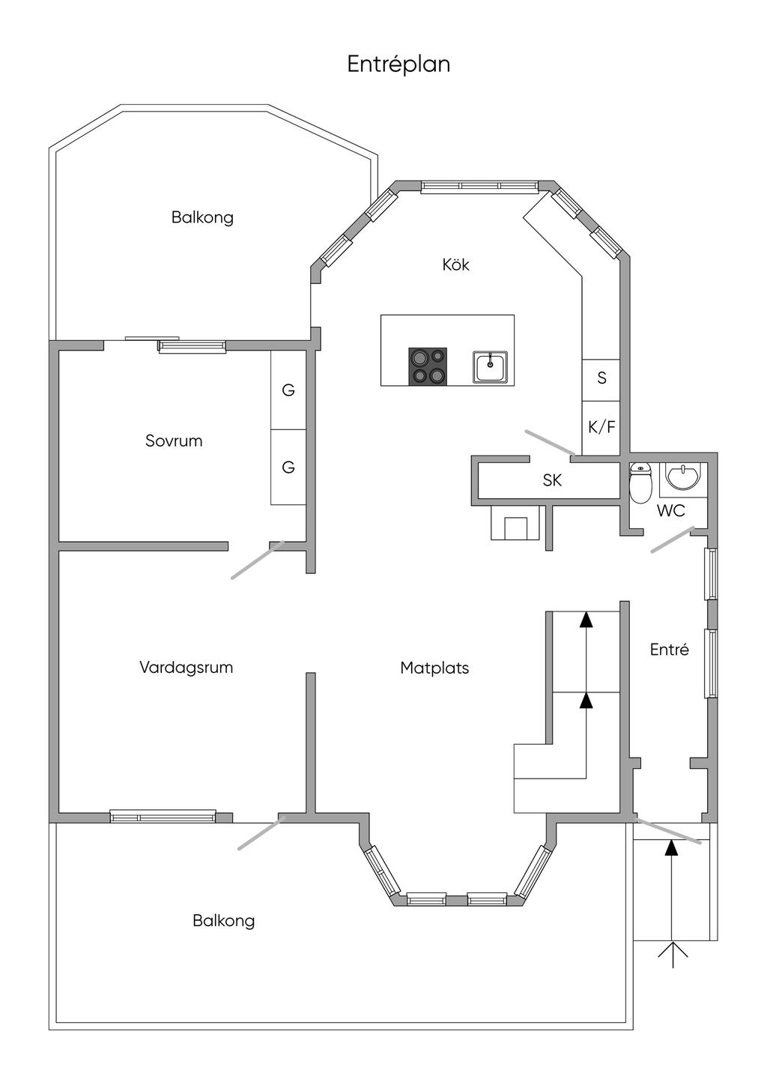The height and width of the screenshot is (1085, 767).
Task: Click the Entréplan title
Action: click(398, 64)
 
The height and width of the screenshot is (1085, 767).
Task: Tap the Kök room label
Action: click(455, 265)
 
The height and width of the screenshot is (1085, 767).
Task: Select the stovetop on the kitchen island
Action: click(428, 366)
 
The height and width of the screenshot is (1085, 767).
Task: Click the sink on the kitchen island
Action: click(490, 367)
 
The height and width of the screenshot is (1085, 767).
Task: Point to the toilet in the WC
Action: click(640, 484)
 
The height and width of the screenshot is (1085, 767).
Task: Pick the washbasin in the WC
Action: click(682, 477)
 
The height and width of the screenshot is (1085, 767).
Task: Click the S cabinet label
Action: click(601, 378)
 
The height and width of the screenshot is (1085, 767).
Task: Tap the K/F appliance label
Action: click(601, 427)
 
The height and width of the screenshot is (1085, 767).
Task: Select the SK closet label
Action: click(552, 480)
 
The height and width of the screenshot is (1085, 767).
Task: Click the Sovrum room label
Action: click(174, 441)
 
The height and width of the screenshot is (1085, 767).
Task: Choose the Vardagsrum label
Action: click(186, 667)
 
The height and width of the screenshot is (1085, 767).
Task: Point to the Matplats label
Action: click(434, 668)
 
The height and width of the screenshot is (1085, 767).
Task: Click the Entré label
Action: click(669, 650)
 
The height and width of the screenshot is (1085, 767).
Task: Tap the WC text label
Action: click(670, 511)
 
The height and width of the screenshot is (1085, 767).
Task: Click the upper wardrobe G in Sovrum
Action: click(288, 390)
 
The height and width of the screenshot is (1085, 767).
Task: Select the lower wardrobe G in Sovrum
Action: click(288, 467)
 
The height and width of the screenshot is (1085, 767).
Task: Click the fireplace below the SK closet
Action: click(516, 524)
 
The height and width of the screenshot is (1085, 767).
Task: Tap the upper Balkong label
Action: click(202, 217)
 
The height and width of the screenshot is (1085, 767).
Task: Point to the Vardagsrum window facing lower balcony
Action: click(163, 816)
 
